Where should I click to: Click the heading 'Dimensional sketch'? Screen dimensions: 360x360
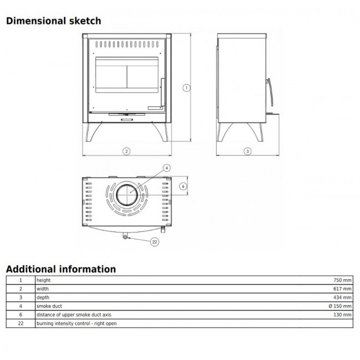click(54, 21)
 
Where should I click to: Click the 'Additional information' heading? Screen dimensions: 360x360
click(61, 269)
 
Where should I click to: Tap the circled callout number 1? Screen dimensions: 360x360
click(187, 88)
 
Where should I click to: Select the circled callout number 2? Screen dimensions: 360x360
click(126, 151)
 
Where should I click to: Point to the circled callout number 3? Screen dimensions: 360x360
click(247, 151)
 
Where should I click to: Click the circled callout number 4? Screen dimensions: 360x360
click(167, 168)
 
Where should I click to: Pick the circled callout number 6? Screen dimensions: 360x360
click(183, 187)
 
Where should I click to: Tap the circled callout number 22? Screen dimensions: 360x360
click(155, 242)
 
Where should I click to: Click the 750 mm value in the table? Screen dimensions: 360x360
click(342, 280)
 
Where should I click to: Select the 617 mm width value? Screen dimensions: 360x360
click(342, 289)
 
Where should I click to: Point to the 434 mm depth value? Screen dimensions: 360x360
click(342, 297)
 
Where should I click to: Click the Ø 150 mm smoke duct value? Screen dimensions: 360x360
click(340, 306)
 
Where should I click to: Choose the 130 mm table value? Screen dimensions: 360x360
click(342, 315)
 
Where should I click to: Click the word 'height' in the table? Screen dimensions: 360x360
click(44, 280)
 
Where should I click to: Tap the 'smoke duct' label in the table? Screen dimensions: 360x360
click(49, 306)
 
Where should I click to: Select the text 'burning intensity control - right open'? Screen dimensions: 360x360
click(76, 323)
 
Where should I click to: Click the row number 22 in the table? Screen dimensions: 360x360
click(20, 323)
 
